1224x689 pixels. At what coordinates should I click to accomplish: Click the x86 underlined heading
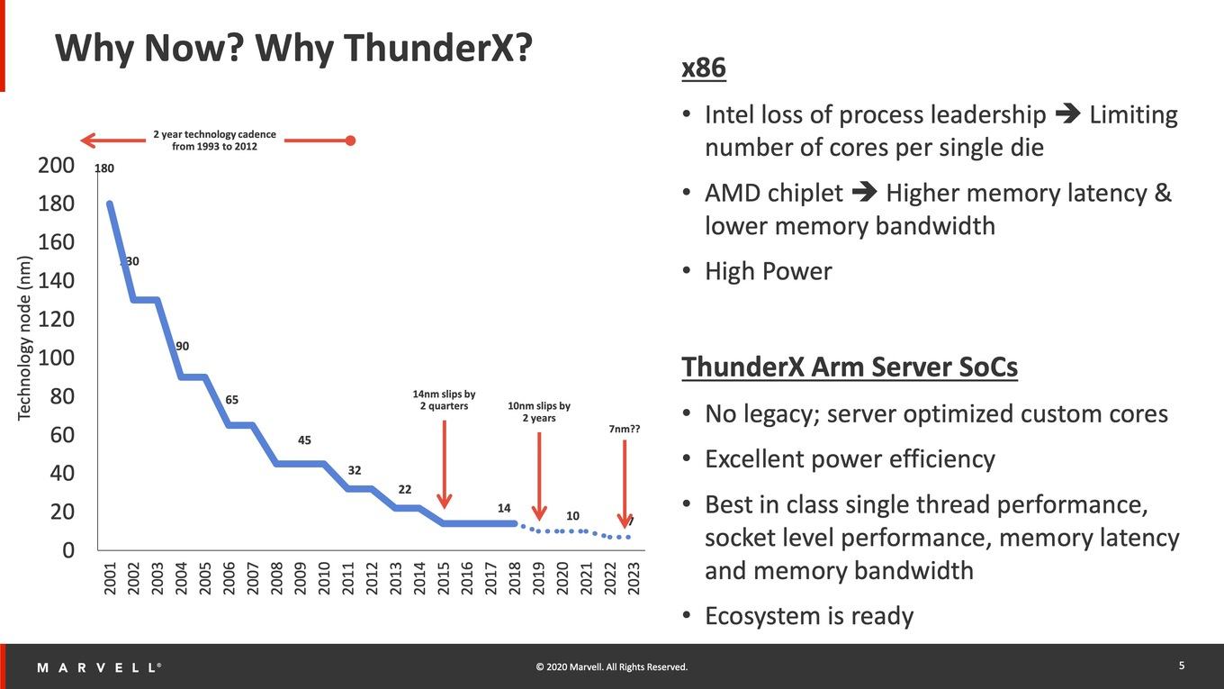[704, 68]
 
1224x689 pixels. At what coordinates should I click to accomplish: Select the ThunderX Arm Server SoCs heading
[850, 367]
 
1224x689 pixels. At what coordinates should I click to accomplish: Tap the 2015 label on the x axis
[443, 578]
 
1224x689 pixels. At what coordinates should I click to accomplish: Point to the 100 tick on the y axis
[57, 358]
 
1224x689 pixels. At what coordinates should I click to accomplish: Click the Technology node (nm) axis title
[24, 338]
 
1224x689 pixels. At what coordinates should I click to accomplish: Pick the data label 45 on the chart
[304, 440]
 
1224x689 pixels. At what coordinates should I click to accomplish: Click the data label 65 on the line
[231, 400]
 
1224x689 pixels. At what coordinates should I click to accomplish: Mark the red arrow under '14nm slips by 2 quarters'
[445, 464]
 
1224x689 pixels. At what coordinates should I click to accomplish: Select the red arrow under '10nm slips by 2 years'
[539, 476]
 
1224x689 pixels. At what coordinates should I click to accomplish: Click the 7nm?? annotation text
[624, 430]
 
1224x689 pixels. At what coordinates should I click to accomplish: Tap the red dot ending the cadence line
[351, 141]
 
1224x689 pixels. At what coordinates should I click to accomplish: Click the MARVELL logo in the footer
[99, 667]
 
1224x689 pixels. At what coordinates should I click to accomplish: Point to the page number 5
[1182, 666]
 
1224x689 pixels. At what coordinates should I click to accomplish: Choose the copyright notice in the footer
[611, 667]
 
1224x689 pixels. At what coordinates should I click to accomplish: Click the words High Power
[769, 272]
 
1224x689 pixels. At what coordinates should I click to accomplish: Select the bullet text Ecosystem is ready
[809, 616]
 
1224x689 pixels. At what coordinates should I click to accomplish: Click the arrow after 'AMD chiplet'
[864, 191]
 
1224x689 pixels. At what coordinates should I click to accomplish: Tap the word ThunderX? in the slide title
[393, 48]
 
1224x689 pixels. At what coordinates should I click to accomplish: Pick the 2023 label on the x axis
[634, 578]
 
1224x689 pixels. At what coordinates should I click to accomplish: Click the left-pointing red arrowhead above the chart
[88, 141]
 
